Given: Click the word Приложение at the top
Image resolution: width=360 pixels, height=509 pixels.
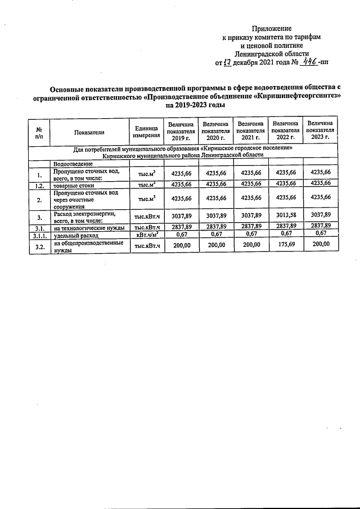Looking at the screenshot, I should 272,28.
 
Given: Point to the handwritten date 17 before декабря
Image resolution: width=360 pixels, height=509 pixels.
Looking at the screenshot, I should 227,62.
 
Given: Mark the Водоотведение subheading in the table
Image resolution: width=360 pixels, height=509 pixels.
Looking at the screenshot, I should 73,163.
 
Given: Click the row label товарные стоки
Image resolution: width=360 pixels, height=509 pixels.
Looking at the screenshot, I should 73,184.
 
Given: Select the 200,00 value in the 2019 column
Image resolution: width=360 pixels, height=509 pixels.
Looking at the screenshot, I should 181,245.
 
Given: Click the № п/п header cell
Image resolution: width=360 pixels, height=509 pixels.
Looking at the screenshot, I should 39,132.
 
